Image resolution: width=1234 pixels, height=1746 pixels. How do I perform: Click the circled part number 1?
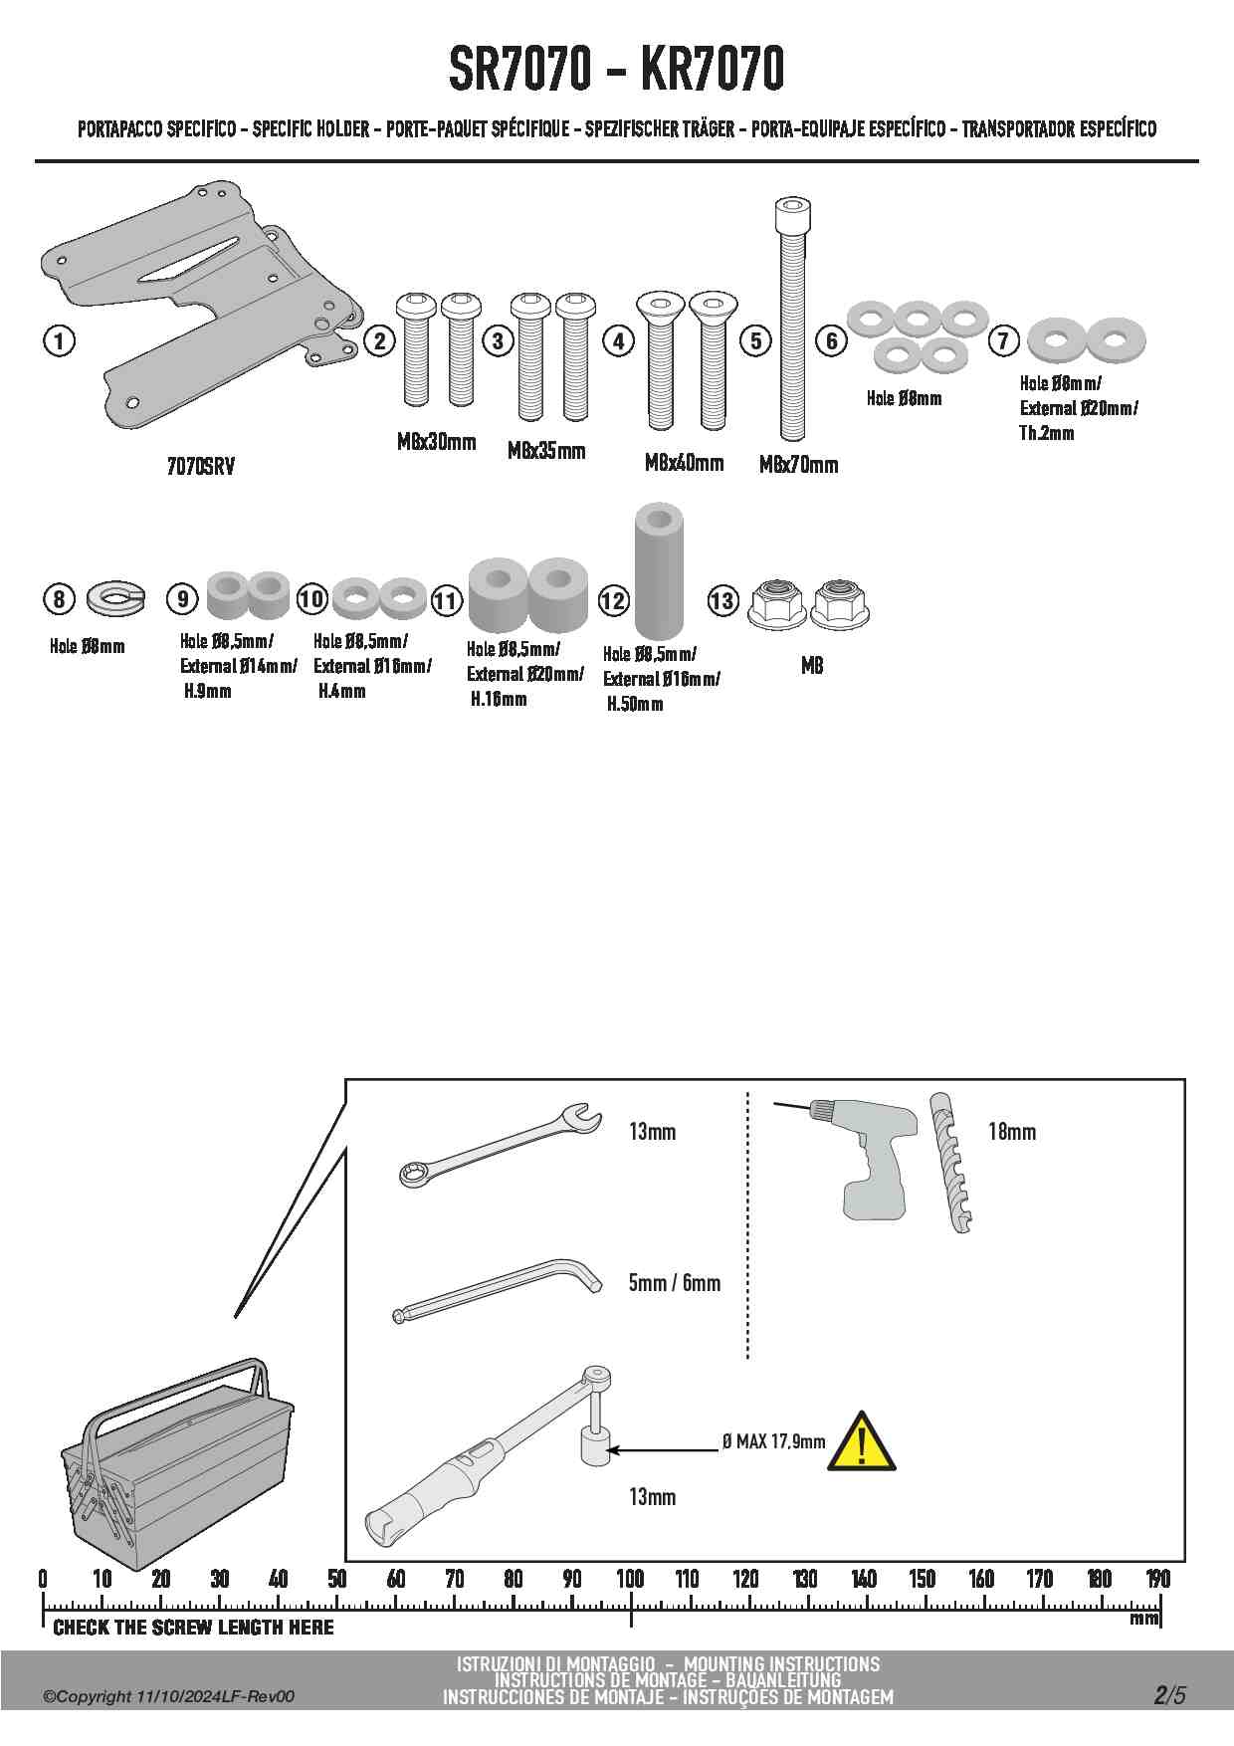click(x=60, y=341)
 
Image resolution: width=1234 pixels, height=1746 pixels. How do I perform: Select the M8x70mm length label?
click(x=798, y=465)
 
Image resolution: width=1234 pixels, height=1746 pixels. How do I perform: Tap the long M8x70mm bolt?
click(x=792, y=319)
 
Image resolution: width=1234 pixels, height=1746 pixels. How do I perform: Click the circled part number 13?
click(x=722, y=601)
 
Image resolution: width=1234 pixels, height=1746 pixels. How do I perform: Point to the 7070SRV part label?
click(x=201, y=467)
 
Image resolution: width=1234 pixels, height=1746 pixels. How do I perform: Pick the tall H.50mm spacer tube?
click(x=658, y=570)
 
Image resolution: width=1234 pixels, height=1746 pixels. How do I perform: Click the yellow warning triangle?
click(x=862, y=1441)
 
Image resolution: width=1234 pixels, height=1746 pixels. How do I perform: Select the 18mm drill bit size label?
click(x=1012, y=1132)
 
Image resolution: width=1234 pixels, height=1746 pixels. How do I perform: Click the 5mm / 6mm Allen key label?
click(x=674, y=1283)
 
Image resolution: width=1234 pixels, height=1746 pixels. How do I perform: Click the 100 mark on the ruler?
click(x=630, y=1579)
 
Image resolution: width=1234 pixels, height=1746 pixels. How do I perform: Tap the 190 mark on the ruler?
click(x=1158, y=1579)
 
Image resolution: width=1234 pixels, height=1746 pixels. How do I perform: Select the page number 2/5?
click(x=1170, y=1695)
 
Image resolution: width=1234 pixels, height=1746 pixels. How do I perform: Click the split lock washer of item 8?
click(x=115, y=597)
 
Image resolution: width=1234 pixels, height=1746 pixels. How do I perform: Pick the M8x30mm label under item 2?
click(x=436, y=442)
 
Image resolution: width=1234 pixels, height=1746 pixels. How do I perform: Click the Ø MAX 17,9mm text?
click(x=773, y=1441)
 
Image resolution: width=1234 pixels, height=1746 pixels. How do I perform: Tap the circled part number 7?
click(x=1003, y=341)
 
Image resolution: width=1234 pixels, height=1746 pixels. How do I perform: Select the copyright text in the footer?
click(x=168, y=1697)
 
